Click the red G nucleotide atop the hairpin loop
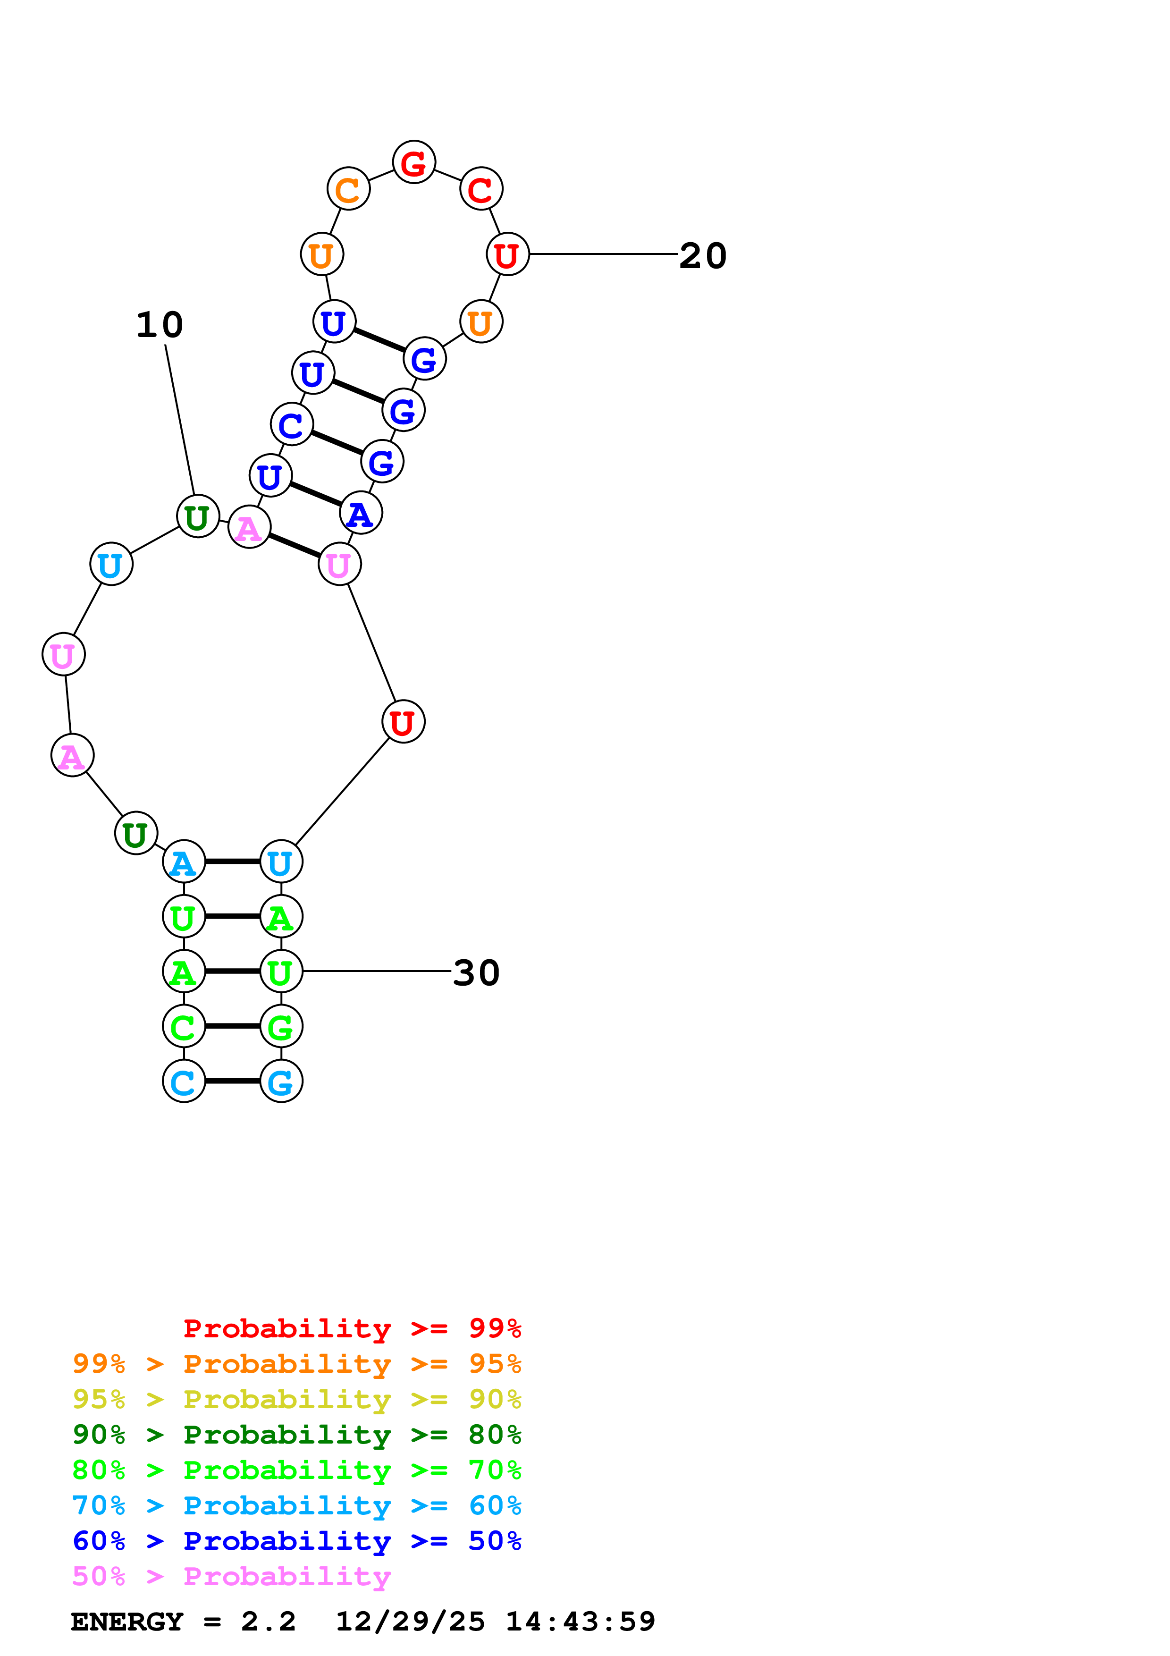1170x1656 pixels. (414, 162)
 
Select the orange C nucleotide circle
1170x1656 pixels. (348, 189)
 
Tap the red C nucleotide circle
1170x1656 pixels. (481, 189)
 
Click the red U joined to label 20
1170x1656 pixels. (507, 254)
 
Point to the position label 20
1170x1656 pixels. (703, 255)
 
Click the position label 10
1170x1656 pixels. (160, 325)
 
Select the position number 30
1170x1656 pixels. (476, 973)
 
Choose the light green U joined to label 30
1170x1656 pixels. (281, 971)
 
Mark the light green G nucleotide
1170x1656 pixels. (281, 1026)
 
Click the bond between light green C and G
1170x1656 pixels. (232, 1026)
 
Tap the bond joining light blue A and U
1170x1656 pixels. (232, 861)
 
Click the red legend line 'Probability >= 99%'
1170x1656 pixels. (352, 1328)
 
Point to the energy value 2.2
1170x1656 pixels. (268, 1622)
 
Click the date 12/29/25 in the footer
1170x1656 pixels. (410, 1622)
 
